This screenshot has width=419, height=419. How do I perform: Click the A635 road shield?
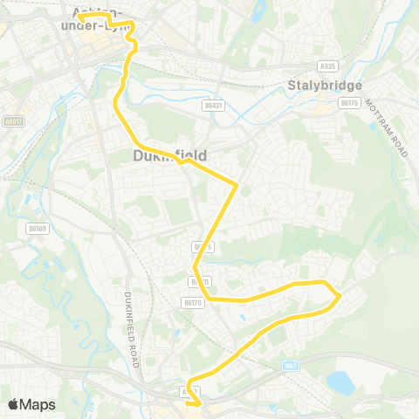pyautogui.click(x=328, y=65)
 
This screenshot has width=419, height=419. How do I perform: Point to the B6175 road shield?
pyautogui.click(x=350, y=103)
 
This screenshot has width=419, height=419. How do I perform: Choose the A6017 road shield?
pyautogui.click(x=12, y=121)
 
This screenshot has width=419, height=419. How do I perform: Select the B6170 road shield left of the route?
pyautogui.click(x=193, y=302)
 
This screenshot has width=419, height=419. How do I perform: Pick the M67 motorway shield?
pyautogui.click(x=292, y=365)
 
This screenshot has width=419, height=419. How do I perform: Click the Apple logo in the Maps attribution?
pyautogui.click(x=15, y=403)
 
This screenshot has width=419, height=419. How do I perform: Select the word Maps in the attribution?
pyautogui.click(x=38, y=404)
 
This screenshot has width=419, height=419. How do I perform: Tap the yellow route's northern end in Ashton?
pyautogui.click(x=79, y=17)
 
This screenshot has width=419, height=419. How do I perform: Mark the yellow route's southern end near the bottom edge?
pyautogui.click(x=200, y=403)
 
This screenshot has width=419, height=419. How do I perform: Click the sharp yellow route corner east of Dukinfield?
pyautogui.click(x=237, y=184)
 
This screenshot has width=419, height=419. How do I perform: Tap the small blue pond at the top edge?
pyautogui.click(x=258, y=10)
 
